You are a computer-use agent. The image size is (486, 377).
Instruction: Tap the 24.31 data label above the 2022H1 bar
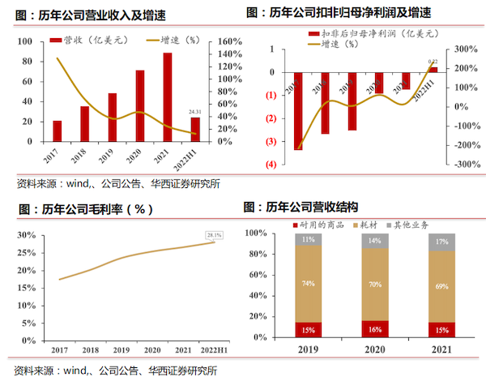[x=194, y=112]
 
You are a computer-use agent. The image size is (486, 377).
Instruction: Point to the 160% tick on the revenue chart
[x=228, y=41]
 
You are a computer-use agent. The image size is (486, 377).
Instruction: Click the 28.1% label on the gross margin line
[x=214, y=235]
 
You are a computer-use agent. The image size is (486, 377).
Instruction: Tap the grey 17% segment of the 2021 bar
[x=440, y=242]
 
